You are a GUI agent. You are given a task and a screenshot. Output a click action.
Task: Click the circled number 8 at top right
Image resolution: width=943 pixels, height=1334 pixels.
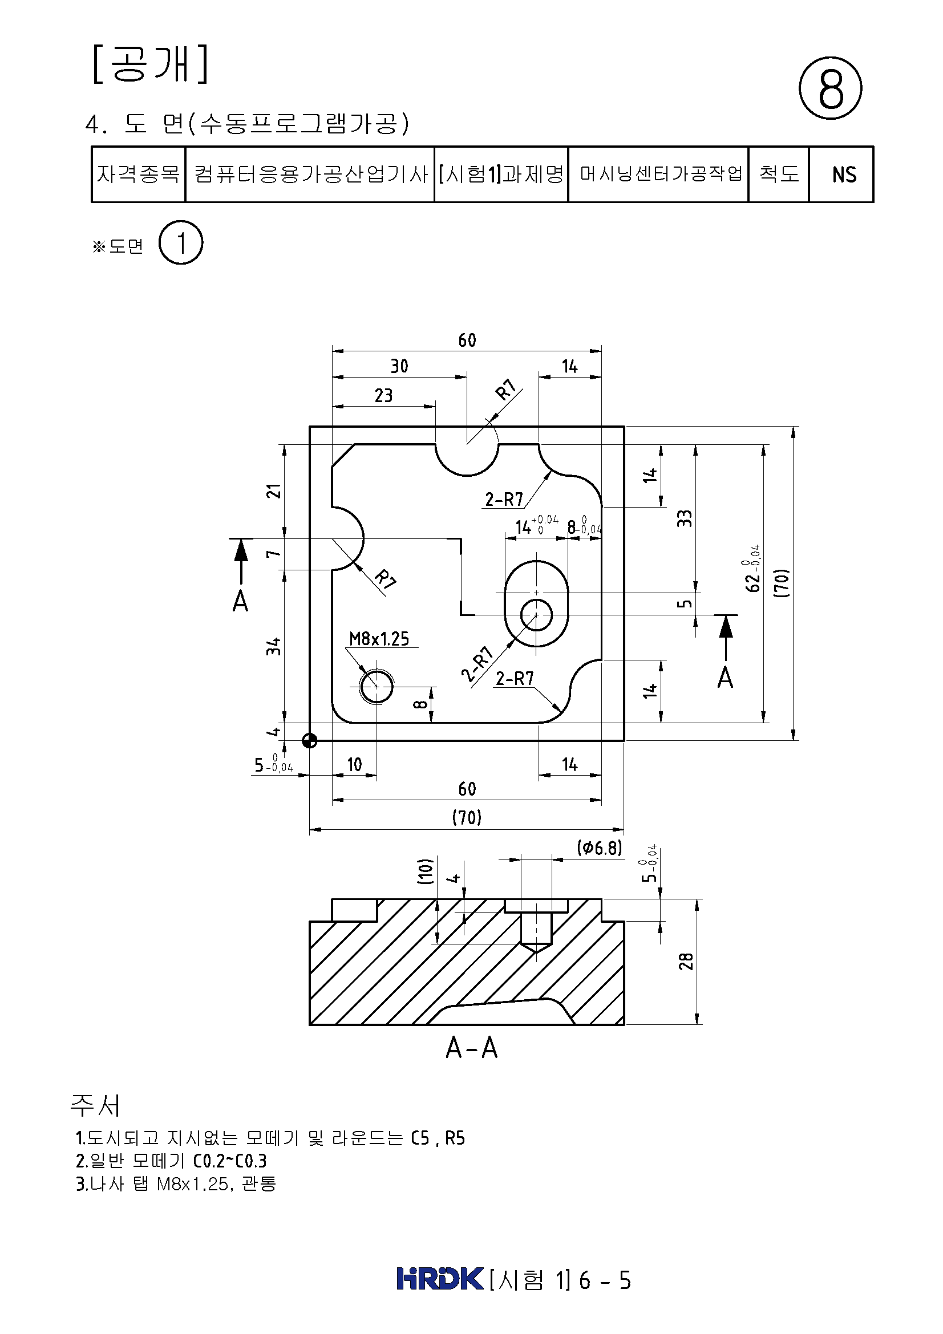[x=830, y=88]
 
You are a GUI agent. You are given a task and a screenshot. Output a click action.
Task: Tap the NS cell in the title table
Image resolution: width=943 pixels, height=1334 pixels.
[x=844, y=175]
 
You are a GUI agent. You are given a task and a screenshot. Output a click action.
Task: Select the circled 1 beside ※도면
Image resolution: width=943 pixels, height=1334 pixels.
[x=181, y=243]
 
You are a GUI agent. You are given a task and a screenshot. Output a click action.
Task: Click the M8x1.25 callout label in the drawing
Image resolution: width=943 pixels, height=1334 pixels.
[x=379, y=639]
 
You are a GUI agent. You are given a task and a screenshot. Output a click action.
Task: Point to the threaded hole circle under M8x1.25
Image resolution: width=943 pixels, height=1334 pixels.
[x=377, y=687]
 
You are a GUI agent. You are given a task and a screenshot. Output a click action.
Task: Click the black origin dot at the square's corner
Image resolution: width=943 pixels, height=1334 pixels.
[x=310, y=740]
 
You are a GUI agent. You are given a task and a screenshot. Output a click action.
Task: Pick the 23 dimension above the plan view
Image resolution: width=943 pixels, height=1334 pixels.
[x=383, y=396]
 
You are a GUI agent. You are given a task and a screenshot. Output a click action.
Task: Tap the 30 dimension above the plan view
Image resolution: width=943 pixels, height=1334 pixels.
[x=399, y=366]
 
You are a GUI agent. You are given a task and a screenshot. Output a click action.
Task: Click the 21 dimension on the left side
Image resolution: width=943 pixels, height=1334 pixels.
[x=274, y=491]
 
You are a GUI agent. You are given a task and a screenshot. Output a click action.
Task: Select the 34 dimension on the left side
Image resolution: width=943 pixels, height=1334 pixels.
[x=274, y=646]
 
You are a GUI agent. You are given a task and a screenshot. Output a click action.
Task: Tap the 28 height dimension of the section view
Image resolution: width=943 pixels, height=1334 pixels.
[x=686, y=962]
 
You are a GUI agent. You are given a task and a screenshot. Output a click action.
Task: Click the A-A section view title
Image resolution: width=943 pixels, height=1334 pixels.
[x=471, y=1048]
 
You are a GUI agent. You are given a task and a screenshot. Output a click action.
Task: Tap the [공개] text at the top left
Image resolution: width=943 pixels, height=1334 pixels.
[x=151, y=65]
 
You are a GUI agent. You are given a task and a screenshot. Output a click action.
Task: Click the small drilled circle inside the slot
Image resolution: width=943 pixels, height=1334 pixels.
[x=536, y=615]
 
